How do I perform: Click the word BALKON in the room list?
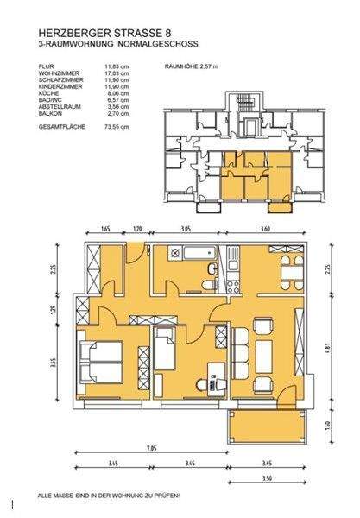pyautogui.click(x=50, y=113)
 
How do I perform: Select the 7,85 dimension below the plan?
pyautogui.click(x=152, y=448)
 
